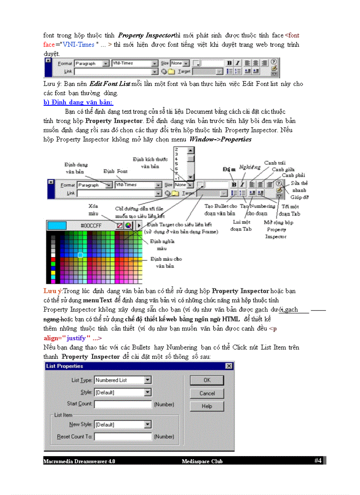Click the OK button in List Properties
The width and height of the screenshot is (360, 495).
point(206,380)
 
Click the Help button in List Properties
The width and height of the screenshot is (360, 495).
point(206,406)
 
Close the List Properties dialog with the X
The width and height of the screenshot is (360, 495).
point(229,366)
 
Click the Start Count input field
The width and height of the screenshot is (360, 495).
point(123,404)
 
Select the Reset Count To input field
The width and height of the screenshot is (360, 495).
point(123,436)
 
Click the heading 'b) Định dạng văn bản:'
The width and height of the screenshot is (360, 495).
point(78,102)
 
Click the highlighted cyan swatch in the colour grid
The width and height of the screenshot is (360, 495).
point(80,255)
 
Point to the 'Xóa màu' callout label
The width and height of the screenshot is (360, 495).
point(93,209)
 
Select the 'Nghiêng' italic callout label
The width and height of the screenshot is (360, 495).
point(249,167)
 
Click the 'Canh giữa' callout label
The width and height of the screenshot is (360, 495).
point(284,169)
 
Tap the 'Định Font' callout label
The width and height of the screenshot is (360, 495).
point(116,171)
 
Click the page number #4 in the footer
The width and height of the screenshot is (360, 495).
point(318,461)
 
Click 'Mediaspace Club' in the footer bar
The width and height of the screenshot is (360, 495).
point(202,462)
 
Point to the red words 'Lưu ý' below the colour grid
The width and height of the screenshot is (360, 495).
point(52,291)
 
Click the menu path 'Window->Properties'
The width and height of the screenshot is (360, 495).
point(220,139)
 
